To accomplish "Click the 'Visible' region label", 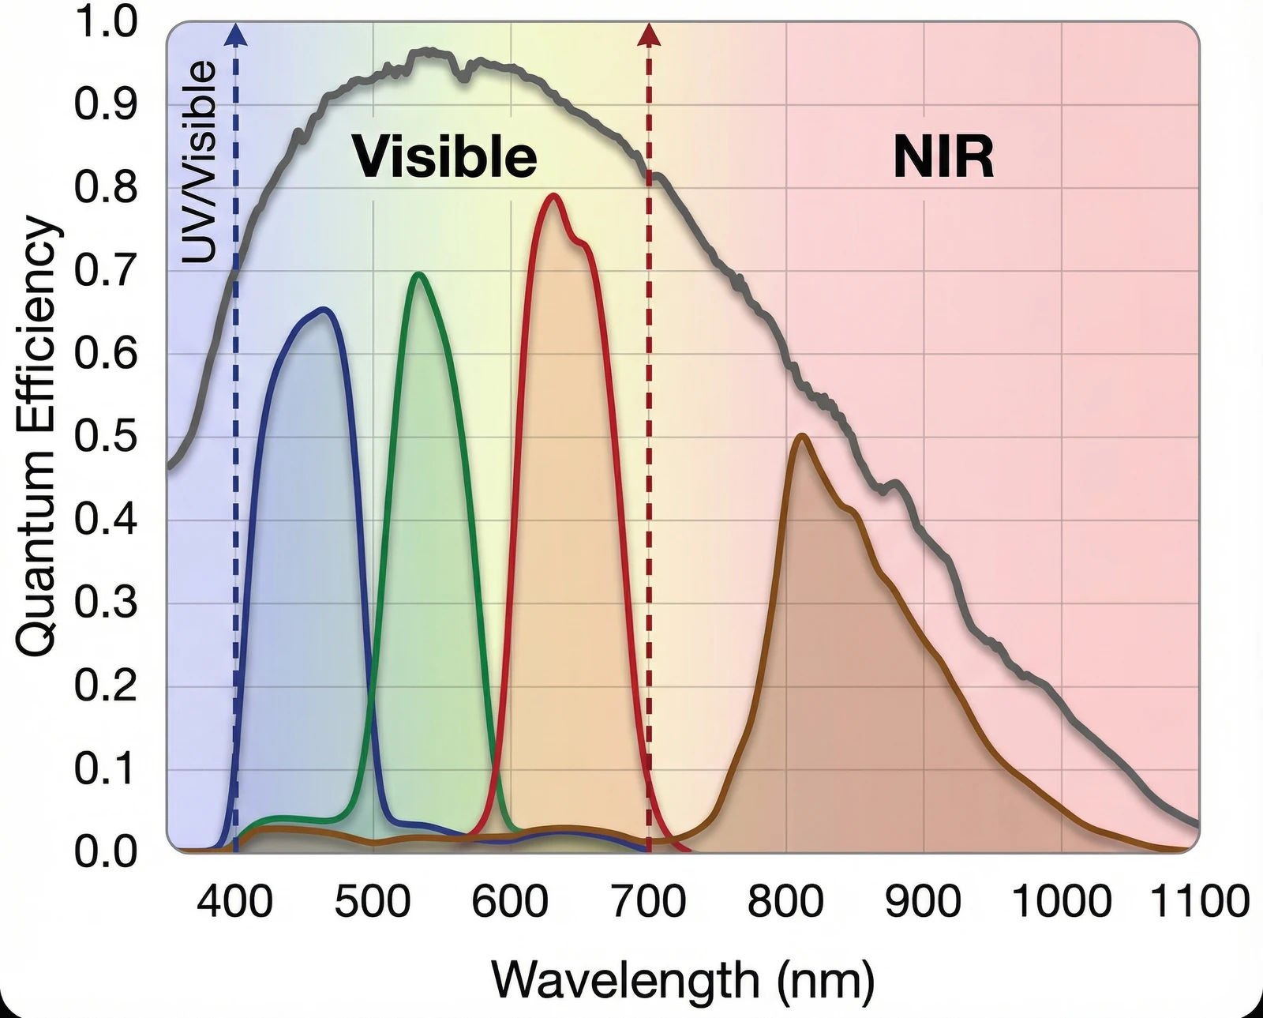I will tap(444, 156).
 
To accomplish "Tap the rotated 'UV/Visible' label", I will tap(199, 161).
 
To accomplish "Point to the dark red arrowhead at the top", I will tap(649, 33).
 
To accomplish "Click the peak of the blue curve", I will tap(324, 309).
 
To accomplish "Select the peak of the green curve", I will tap(418, 274).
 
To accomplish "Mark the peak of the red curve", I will tap(553, 194).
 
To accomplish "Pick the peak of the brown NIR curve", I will tap(801, 435).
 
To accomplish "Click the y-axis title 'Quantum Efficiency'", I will tap(37, 437).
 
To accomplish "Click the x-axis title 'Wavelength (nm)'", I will tap(683, 979).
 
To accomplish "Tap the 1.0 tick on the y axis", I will tap(106, 22).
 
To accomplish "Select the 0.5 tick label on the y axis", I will tap(106, 436).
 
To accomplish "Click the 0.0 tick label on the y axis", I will tap(106, 851).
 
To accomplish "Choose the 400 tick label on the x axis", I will tap(234, 901).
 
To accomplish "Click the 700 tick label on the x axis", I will tap(648, 901).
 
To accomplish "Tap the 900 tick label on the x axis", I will tap(923, 901).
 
